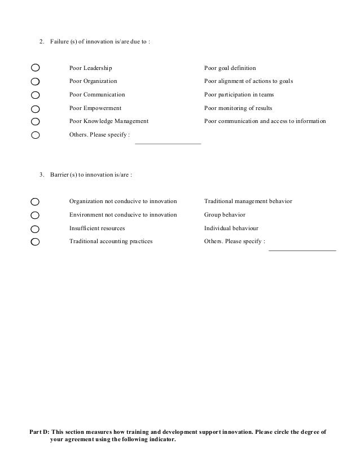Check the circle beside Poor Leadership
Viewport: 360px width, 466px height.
[x=35, y=68]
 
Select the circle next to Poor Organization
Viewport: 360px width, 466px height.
[x=35, y=81]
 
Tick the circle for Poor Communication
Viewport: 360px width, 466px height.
[x=35, y=95]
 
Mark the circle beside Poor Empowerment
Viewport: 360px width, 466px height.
[x=35, y=108]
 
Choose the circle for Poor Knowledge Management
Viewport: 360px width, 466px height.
[x=35, y=121]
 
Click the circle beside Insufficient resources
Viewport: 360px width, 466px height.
[x=35, y=229]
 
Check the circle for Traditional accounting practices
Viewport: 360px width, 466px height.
[x=35, y=242]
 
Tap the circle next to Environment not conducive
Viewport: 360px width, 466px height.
[x=35, y=215]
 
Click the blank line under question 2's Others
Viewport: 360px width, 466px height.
[x=168, y=143]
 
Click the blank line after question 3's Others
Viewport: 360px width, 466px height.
[x=302, y=249]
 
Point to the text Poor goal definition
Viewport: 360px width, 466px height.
[x=230, y=68]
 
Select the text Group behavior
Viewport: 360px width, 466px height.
[x=225, y=215]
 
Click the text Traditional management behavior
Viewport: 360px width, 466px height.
[x=248, y=201]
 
